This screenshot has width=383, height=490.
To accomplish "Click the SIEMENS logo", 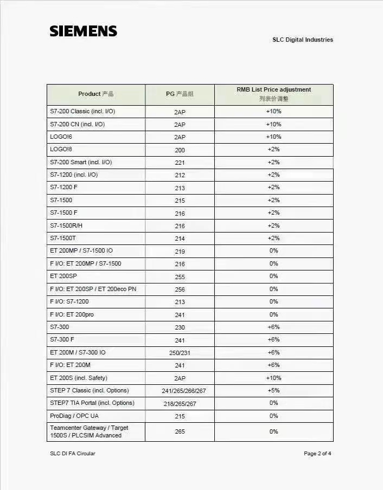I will [x=84, y=31].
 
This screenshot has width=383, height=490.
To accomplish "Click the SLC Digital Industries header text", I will [x=302, y=40].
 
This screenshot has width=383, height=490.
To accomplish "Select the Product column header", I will [x=96, y=94].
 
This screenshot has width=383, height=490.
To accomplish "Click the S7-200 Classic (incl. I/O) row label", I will [x=82, y=112].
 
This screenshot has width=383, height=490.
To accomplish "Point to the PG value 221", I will [x=180, y=163].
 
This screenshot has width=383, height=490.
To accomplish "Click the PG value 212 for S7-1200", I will [x=180, y=175].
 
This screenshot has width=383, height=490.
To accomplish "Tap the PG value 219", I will [x=180, y=252].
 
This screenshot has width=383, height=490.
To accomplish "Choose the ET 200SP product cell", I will [x=63, y=276].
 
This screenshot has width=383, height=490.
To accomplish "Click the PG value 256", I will [x=180, y=289].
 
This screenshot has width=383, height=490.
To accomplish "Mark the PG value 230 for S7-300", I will [x=180, y=327].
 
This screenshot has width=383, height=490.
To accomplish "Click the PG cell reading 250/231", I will [x=180, y=353].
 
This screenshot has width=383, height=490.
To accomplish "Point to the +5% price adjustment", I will [x=273, y=390].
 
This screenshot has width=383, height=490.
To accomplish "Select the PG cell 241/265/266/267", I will [x=180, y=391].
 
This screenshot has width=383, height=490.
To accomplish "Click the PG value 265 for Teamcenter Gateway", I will [x=180, y=431].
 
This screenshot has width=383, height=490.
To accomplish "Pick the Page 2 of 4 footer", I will [x=317, y=454].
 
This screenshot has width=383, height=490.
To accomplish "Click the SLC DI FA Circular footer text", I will [x=72, y=454].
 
